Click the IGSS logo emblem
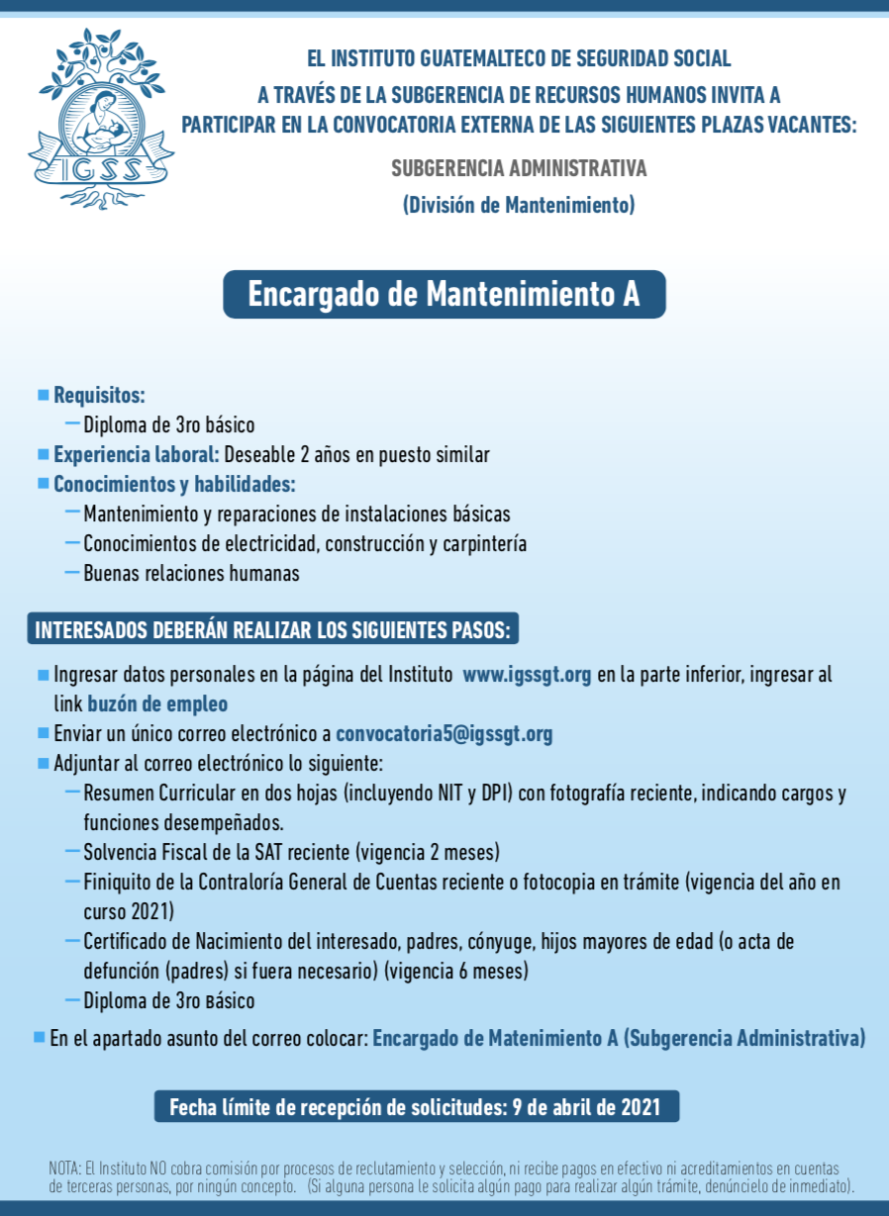[101, 118]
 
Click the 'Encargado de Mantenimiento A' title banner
[444, 295]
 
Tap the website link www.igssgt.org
[527, 676]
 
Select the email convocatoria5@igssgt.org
[444, 734]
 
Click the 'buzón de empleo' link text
[156, 704]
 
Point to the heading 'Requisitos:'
[99, 396]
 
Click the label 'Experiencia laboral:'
[136, 455]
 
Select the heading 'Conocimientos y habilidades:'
[174, 485]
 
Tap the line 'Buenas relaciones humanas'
[191, 574]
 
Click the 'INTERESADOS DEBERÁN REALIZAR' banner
[274, 630]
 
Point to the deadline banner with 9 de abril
[416, 1106]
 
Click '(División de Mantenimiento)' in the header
[518, 206]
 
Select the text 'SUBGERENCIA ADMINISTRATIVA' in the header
[519, 168]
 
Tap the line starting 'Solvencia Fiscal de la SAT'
[291, 852]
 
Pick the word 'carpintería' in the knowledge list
[484, 544]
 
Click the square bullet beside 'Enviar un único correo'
[43, 734]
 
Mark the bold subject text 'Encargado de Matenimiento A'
[495, 1039]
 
